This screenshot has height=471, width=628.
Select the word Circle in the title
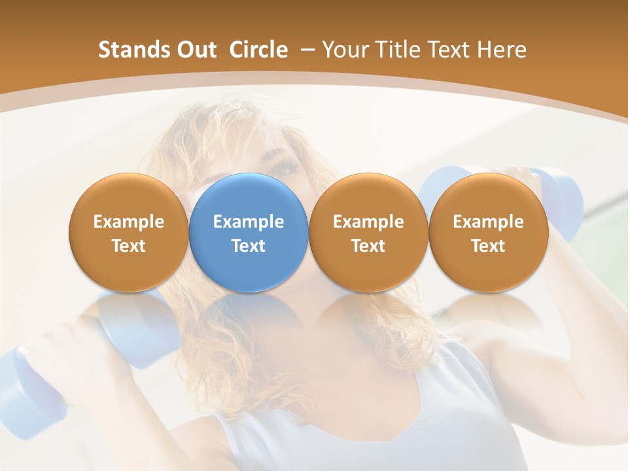[x=258, y=50]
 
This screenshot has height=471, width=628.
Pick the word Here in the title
[x=502, y=50]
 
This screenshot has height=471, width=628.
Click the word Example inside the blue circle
[x=249, y=222]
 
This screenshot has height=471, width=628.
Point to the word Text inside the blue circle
[x=249, y=246]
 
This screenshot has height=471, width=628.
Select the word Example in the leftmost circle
[x=129, y=222]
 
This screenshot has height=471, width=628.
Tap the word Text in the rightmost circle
[x=488, y=246]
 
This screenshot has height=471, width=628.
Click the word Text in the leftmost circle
[x=129, y=246]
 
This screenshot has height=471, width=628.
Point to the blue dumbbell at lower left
[x=39, y=386]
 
